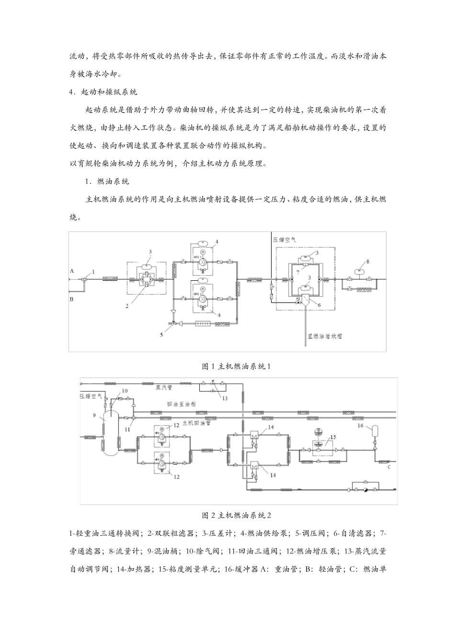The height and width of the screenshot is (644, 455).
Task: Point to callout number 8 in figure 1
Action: point(367,262)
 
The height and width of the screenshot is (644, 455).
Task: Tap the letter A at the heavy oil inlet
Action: point(72,271)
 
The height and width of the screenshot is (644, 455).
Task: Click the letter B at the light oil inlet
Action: point(72,299)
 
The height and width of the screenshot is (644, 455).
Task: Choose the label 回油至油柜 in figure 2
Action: point(182,403)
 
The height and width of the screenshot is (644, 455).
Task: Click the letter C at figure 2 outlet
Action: point(389,466)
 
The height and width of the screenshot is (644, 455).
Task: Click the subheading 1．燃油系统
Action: point(107,182)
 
